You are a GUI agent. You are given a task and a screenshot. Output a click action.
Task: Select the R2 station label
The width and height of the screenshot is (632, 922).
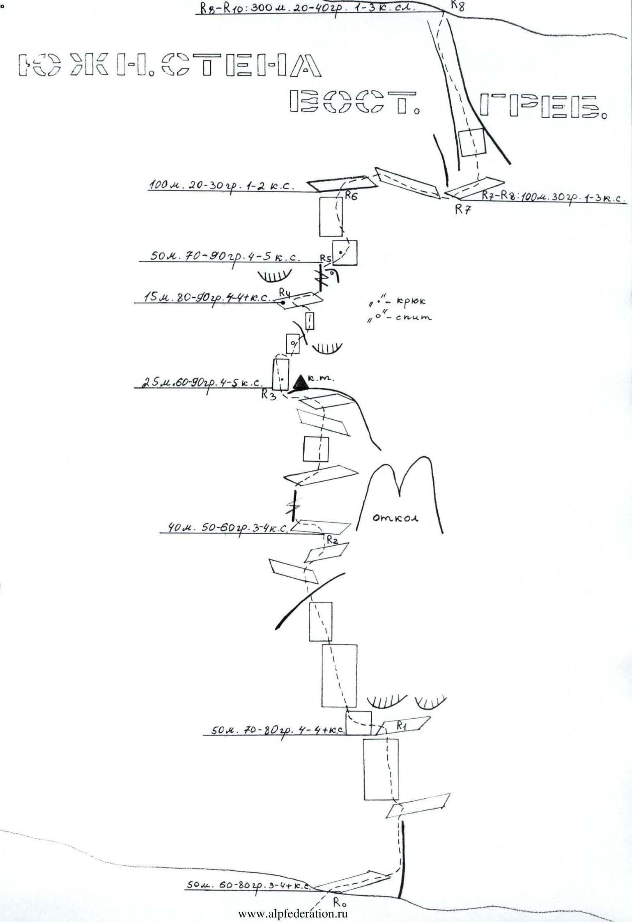click(x=332, y=540)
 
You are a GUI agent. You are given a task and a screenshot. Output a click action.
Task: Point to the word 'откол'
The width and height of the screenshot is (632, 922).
click(x=395, y=519)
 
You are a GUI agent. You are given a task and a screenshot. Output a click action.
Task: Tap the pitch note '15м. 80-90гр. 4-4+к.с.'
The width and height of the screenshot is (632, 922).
click(x=207, y=297)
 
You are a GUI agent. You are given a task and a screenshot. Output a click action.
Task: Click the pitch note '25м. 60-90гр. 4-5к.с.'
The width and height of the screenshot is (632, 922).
click(x=201, y=383)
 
